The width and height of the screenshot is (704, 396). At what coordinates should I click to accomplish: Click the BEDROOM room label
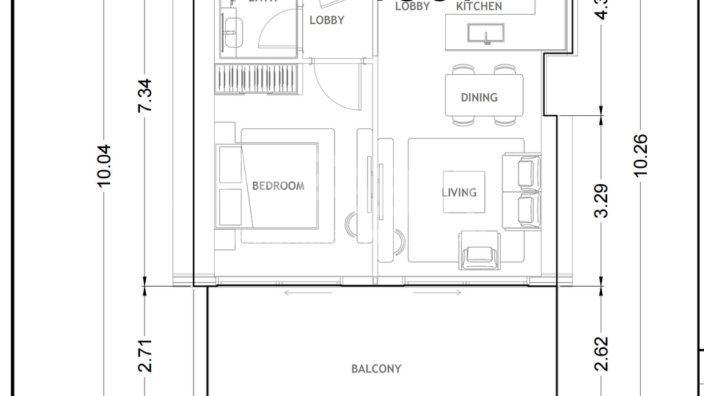click(x=278, y=186)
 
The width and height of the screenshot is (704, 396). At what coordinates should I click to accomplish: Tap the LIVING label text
click(x=459, y=192)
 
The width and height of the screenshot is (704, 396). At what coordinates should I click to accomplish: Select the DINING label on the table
click(x=479, y=97)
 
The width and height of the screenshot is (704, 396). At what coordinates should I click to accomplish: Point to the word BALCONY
click(x=375, y=369)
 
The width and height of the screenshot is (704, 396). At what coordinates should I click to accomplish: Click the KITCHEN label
click(x=479, y=7)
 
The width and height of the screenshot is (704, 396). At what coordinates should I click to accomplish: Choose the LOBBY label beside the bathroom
click(x=326, y=21)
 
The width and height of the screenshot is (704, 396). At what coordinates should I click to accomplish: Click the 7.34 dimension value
click(x=145, y=95)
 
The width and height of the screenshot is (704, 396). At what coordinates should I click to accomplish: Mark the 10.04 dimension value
click(x=104, y=165)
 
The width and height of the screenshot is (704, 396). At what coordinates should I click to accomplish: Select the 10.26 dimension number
click(x=641, y=154)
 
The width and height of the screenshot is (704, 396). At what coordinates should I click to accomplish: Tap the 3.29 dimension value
click(x=601, y=201)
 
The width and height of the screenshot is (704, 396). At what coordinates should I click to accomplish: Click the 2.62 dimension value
click(x=601, y=354)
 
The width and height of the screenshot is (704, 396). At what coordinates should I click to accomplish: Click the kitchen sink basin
click(x=485, y=33)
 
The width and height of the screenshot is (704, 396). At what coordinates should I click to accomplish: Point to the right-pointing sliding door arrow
click(x=437, y=293)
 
